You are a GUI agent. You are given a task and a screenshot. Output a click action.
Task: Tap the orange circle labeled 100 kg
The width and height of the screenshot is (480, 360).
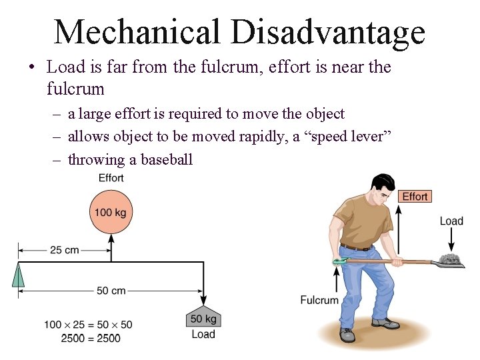pos(111,213)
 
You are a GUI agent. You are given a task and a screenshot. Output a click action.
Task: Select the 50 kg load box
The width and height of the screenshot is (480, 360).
pos(203,318)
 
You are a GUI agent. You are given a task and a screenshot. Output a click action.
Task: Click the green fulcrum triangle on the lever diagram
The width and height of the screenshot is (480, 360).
pos(19,274)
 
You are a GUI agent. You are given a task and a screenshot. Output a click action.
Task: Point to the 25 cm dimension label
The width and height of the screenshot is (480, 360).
pos(64,250)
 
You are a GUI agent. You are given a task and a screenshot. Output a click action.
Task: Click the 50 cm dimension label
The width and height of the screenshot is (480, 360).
pos(111,291)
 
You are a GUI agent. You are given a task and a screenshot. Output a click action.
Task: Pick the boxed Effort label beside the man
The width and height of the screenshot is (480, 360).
pos(415,196)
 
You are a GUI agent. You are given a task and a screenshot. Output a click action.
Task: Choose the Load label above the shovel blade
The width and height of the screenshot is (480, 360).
pos(451,221)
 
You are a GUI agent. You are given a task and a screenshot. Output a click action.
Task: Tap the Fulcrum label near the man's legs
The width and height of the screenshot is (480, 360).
pos(319,300)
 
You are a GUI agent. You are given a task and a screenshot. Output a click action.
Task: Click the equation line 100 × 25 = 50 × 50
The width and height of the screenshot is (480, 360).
pos(88,325)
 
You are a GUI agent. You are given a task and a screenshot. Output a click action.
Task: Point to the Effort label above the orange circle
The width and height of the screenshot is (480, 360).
pos(111,178)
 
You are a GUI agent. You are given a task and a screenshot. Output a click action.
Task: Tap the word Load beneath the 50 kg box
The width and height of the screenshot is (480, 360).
pos(203,334)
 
